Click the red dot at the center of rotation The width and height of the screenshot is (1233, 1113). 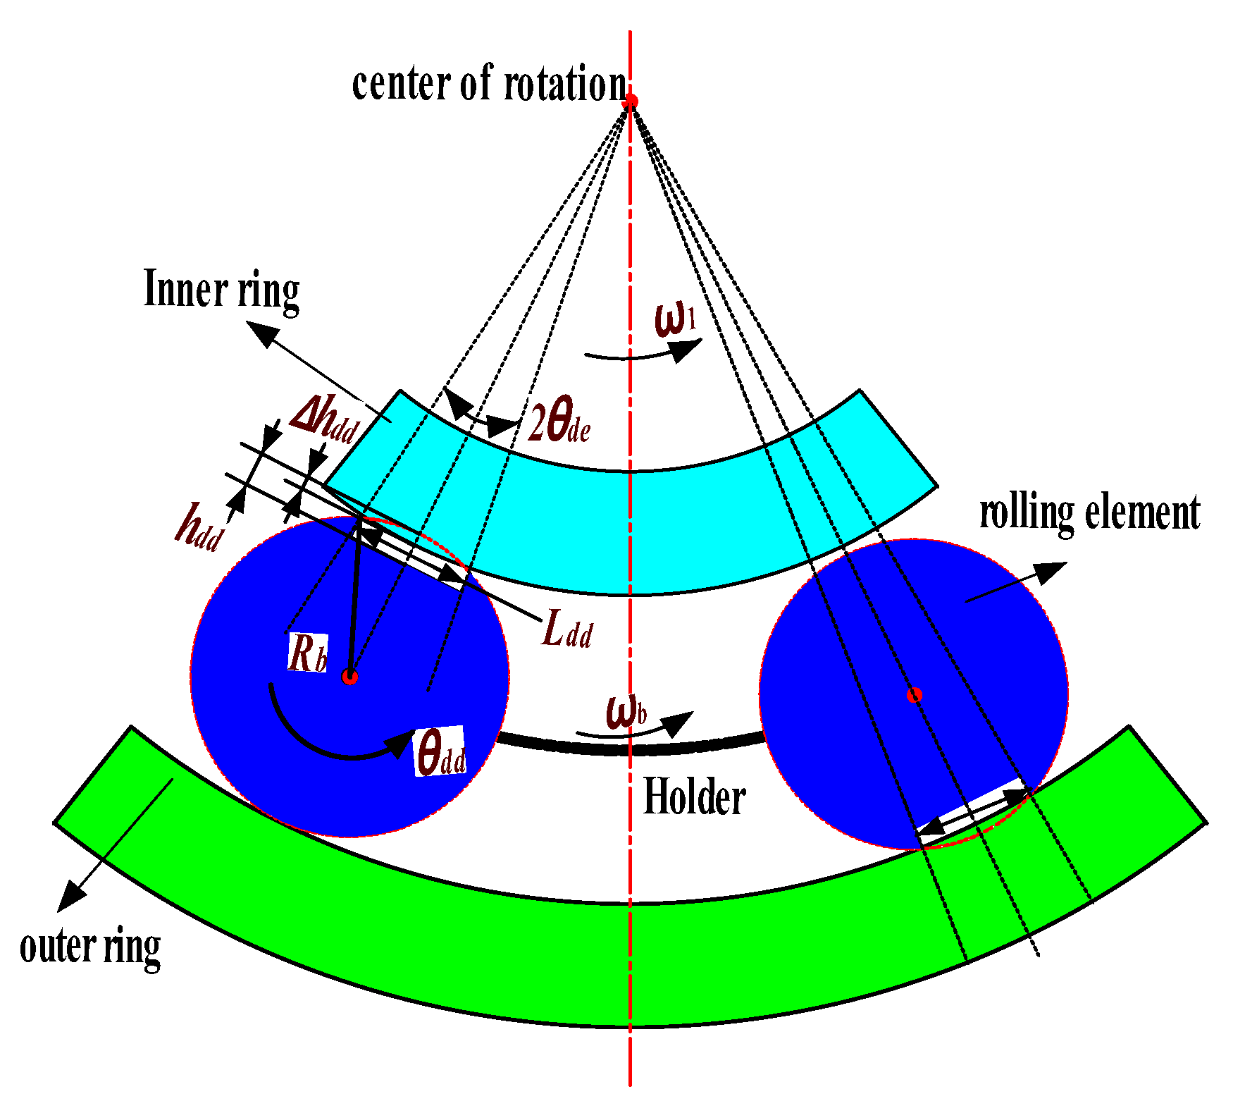631,101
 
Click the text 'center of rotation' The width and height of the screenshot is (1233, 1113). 489,84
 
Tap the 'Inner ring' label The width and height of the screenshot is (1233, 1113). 221,290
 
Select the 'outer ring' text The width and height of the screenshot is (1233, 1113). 90,947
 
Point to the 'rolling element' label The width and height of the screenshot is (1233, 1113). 1089,512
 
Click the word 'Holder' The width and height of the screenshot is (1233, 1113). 695,797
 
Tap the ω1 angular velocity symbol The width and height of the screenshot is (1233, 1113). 675,319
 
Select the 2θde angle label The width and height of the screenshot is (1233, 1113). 559,424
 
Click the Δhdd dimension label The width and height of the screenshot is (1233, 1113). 325,421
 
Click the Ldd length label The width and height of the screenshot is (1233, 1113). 567,629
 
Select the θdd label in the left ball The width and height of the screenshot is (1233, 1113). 440,752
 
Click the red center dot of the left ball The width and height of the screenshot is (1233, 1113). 350,677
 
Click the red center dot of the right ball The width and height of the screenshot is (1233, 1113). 915,696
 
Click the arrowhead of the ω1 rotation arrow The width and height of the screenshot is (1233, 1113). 688,350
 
